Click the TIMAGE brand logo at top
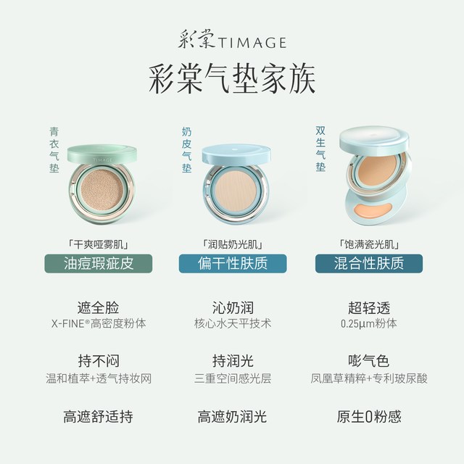tap(232, 39)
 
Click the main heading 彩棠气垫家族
tap(232, 80)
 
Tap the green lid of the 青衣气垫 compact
tap(102, 154)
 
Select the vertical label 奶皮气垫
tap(187, 150)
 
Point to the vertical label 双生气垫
tap(320, 149)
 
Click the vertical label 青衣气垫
tap(54, 150)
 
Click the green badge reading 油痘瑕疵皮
tap(99, 263)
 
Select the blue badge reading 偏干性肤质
tap(233, 263)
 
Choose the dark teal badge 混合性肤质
tap(369, 263)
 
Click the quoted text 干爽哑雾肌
tap(99, 244)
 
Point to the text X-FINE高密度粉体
tap(99, 323)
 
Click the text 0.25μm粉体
tap(369, 323)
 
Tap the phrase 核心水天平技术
tap(233, 323)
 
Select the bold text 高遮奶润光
tap(232, 416)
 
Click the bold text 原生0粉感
tap(369, 416)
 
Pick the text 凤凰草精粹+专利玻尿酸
tap(369, 378)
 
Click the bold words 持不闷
tap(99, 361)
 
